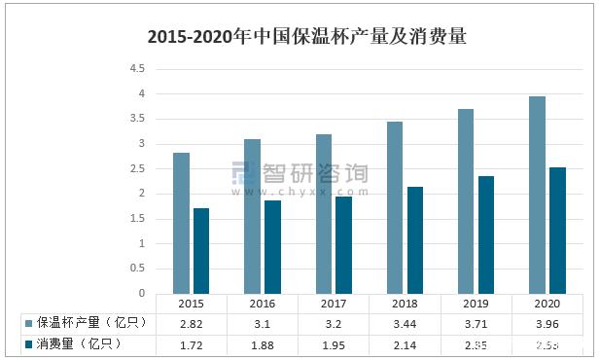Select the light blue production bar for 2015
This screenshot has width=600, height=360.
point(181,223)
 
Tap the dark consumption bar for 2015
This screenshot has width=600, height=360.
point(201,250)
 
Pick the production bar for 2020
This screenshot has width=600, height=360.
point(537,195)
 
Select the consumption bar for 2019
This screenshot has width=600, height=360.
point(485,234)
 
